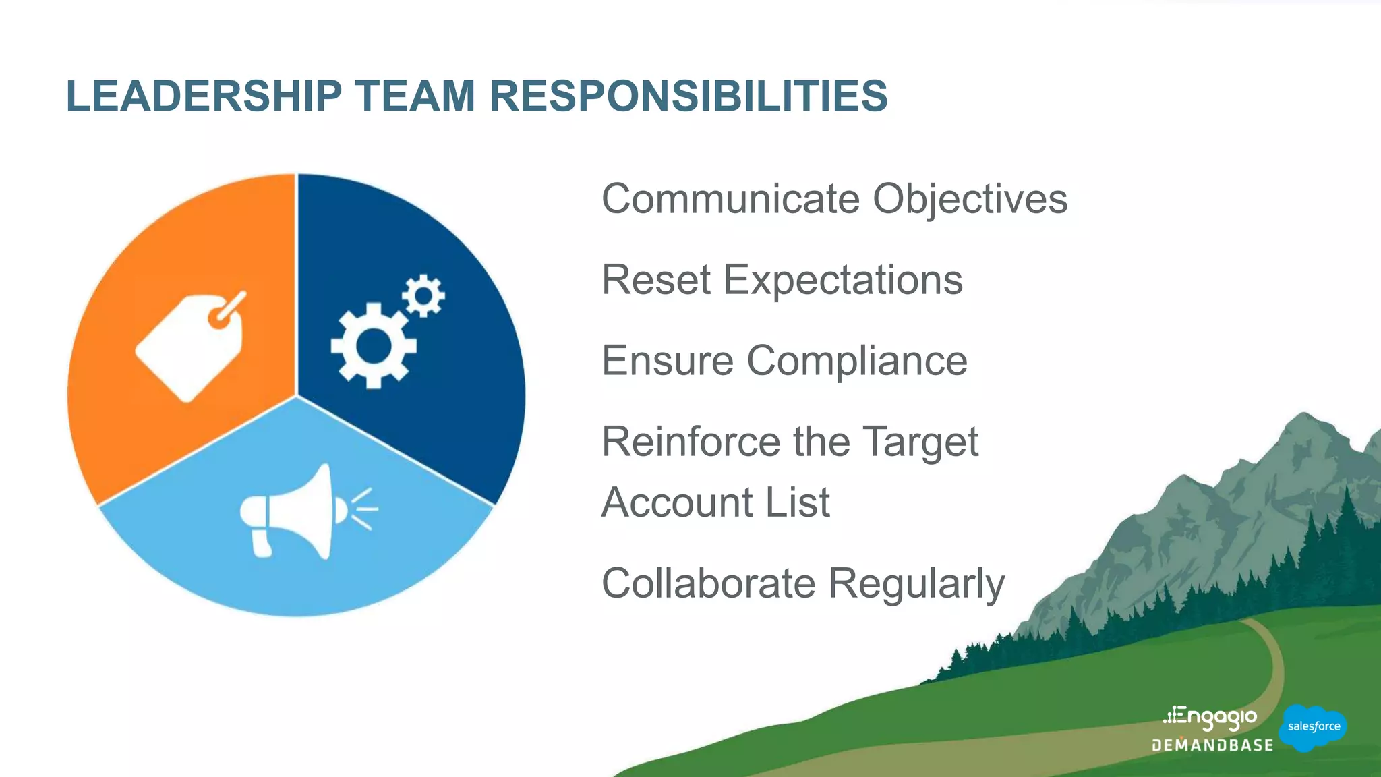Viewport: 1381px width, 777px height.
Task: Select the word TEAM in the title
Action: (415, 96)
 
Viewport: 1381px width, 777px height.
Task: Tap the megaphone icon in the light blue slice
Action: (297, 513)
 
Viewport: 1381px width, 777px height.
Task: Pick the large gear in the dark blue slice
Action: (372, 346)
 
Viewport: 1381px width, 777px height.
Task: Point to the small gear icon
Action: (423, 295)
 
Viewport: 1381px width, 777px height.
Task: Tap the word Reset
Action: (656, 280)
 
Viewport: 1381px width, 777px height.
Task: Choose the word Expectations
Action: (843, 280)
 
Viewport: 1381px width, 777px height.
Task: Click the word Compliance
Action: (857, 361)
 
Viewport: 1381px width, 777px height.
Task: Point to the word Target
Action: (920, 443)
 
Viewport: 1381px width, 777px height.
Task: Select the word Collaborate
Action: (708, 583)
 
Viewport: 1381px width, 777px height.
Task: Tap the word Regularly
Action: (916, 585)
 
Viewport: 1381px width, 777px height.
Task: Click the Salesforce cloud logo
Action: (1313, 727)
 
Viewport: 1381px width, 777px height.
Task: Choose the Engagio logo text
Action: (1211, 718)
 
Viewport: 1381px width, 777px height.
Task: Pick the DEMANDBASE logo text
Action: (1212, 745)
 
